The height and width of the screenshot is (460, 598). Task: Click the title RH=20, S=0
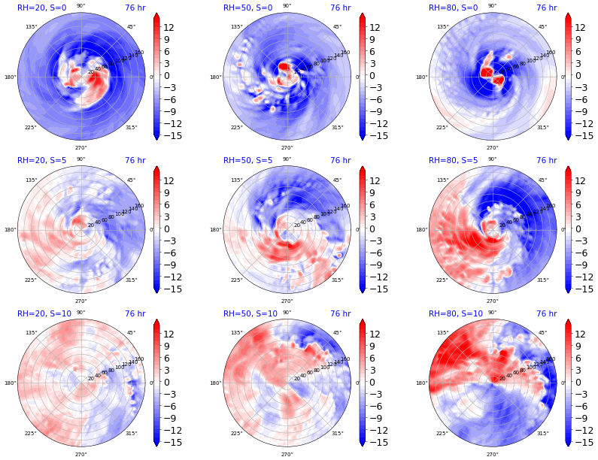click(x=41, y=8)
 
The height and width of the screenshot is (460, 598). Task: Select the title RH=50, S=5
click(x=247, y=161)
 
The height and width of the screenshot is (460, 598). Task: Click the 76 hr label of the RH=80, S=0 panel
click(x=546, y=8)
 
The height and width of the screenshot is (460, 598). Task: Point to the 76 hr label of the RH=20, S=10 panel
click(x=135, y=314)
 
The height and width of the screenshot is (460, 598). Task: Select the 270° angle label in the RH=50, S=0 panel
click(x=287, y=147)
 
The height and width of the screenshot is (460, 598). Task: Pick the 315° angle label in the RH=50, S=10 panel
click(x=337, y=434)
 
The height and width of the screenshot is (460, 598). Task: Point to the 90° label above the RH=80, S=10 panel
click(x=492, y=312)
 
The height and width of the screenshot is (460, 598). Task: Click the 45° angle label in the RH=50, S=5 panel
click(x=337, y=180)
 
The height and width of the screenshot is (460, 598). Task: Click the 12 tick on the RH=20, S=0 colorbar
click(x=169, y=28)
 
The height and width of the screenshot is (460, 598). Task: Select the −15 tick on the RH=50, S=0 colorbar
click(x=376, y=136)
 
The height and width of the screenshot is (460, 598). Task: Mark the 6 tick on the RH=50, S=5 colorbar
click(x=372, y=205)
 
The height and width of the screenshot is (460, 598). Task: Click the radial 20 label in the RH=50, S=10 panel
click(x=296, y=379)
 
